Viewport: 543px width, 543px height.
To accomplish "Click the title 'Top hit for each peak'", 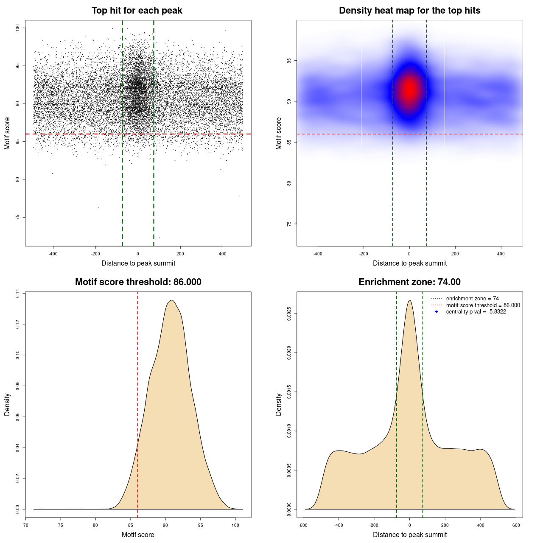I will click(x=137, y=11).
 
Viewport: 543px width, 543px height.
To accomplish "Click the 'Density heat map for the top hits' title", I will click(x=409, y=11).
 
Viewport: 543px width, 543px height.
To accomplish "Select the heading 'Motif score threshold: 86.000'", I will click(x=138, y=282).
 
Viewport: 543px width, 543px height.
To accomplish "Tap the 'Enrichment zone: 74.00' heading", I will click(x=409, y=282).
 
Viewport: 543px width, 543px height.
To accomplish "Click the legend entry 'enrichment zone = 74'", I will click(x=472, y=299).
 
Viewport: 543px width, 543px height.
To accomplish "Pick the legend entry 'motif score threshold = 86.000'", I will click(x=483, y=305).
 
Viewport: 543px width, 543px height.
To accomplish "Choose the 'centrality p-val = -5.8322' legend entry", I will click(x=476, y=312).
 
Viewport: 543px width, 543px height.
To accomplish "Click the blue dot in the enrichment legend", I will click(x=437, y=312).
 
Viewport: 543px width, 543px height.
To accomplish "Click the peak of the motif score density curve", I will click(x=172, y=300).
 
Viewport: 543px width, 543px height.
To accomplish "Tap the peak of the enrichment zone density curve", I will click(x=409, y=300).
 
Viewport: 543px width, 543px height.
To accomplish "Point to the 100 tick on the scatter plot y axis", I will click(x=18, y=28).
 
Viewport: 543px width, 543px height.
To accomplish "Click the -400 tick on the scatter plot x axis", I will click(x=53, y=254).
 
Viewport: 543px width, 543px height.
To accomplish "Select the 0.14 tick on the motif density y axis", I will click(x=18, y=294).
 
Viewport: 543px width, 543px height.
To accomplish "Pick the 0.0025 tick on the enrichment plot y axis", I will click(x=289, y=314).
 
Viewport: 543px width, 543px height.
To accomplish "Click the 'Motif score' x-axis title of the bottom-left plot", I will click(x=138, y=535).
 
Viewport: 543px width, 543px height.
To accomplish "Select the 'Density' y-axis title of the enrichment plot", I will click(x=279, y=404).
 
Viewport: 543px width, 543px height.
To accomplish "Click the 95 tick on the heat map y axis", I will click(x=289, y=61).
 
